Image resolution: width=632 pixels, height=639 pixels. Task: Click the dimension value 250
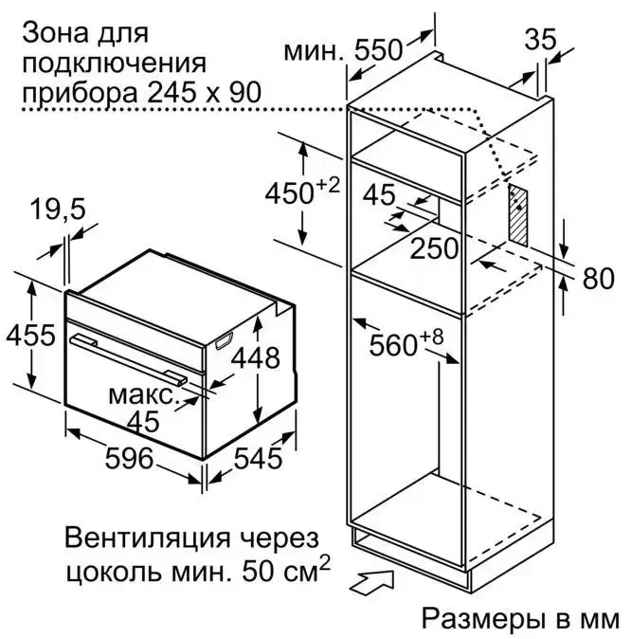coord(435,249)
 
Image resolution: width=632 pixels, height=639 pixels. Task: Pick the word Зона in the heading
coord(48,35)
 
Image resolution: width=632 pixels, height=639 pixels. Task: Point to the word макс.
coord(142,392)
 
